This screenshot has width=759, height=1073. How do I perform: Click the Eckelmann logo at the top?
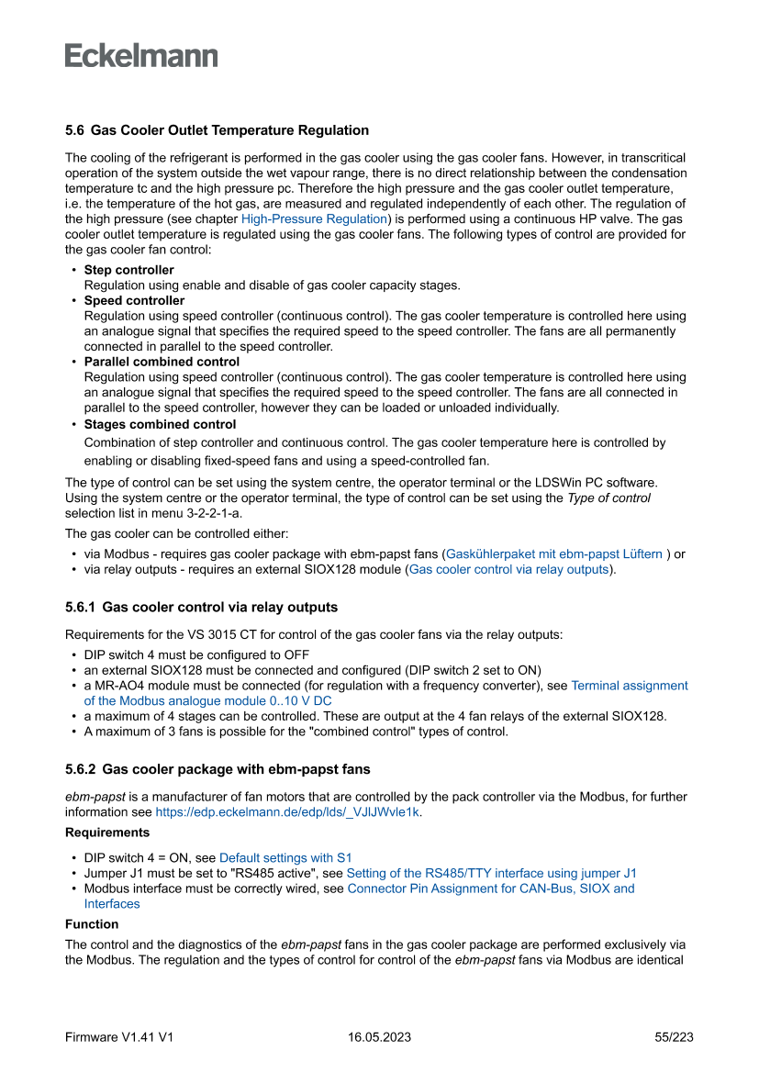coord(141,56)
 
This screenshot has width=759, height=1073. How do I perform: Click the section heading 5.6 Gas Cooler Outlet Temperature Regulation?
coord(217,130)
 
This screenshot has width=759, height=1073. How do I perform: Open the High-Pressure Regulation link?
coord(314,219)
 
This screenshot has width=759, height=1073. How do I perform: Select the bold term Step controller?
coord(128,270)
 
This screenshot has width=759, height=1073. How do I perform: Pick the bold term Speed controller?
coord(134,301)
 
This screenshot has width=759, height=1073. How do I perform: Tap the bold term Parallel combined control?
coord(162,363)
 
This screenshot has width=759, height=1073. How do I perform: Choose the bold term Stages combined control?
coord(160,425)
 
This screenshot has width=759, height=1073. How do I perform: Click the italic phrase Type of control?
coord(608,498)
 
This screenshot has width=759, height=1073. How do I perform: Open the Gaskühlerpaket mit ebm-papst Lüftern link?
coord(553,554)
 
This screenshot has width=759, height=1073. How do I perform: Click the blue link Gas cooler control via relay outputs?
coord(508,570)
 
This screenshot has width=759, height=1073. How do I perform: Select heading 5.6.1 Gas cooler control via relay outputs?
coord(201,608)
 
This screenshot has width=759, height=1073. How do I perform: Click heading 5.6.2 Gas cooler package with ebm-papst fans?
coord(218,769)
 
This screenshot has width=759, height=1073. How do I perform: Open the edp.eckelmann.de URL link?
coord(288,812)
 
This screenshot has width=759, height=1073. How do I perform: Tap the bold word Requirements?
coord(107,833)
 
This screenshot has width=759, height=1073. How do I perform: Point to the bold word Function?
coord(92,924)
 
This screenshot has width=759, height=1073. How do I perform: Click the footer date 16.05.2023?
coord(379,1037)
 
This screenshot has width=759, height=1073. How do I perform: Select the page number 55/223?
coord(674,1037)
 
